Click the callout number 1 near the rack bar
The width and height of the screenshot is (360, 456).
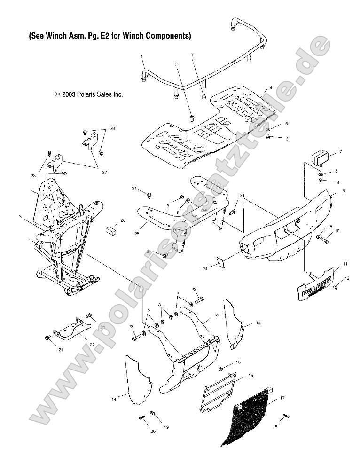click(141, 56)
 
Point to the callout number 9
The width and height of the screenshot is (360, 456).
click(330, 191)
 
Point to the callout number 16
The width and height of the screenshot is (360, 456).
click(250, 376)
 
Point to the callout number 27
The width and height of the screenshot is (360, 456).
click(104, 173)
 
